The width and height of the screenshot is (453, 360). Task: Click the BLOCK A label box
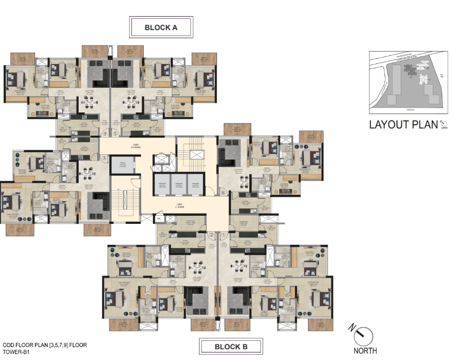[x=161, y=27]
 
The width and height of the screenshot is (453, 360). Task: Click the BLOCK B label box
[x=231, y=347]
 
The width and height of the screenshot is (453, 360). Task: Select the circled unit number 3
[x=106, y=158]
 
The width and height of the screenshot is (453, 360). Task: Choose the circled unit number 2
[x=212, y=235]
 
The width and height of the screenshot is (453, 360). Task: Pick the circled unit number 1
[x=224, y=235]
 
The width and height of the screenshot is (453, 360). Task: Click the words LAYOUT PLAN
[x=403, y=125]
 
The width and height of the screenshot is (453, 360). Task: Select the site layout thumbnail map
[x=408, y=82]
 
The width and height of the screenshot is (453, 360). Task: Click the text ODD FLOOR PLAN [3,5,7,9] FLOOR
[x=45, y=344]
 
